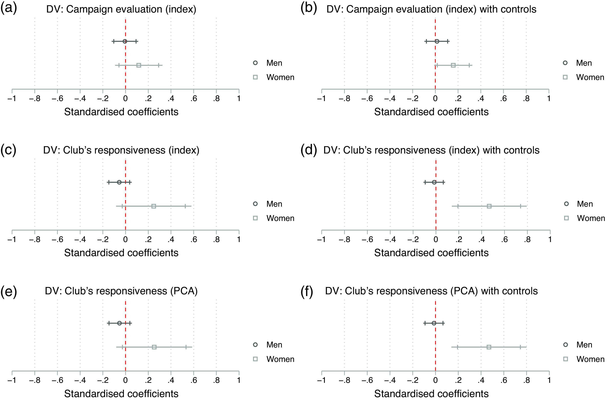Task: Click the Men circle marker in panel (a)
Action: click(x=125, y=41)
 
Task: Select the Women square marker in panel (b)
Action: click(x=453, y=65)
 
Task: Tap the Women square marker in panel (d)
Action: click(x=489, y=206)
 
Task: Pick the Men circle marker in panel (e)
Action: click(x=119, y=323)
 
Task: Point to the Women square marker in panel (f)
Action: click(x=489, y=347)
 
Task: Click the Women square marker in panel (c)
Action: click(x=154, y=206)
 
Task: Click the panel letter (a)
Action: click(x=9, y=8)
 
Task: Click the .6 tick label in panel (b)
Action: click(x=503, y=98)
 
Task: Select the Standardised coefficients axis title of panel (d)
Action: click(x=431, y=253)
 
